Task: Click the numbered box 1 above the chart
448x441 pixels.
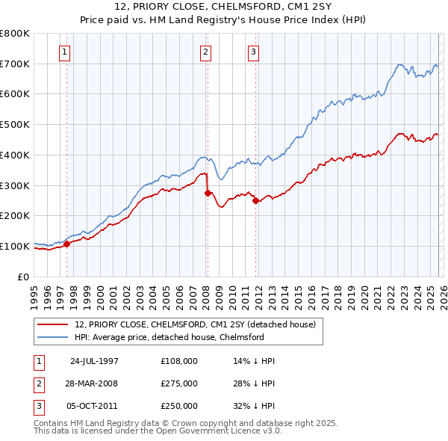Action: pyautogui.click(x=65, y=52)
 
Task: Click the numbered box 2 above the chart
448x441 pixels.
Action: pyautogui.click(x=205, y=52)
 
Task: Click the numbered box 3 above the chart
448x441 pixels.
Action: pyautogui.click(x=254, y=52)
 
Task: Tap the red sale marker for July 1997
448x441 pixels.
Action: pyautogui.click(x=66, y=243)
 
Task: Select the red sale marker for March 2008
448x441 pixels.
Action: pyautogui.click(x=207, y=192)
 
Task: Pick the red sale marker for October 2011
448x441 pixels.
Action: pyautogui.click(x=255, y=200)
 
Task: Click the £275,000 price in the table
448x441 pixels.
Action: pyautogui.click(x=179, y=383)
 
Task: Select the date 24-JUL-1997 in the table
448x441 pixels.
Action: pyautogui.click(x=94, y=360)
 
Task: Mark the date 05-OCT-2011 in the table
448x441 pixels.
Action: pyautogui.click(x=94, y=407)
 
